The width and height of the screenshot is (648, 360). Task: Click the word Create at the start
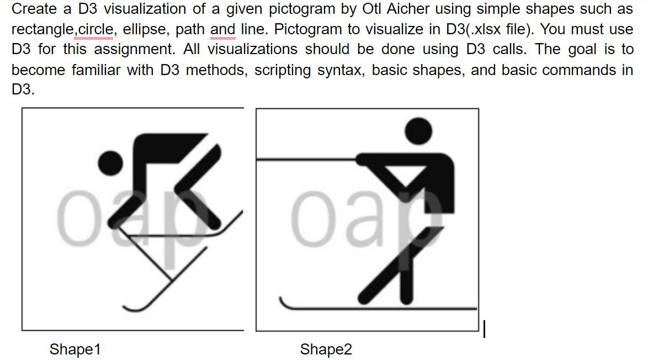point(35,9)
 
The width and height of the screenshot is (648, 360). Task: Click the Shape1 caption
point(75,350)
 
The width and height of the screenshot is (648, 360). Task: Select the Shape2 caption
point(326,350)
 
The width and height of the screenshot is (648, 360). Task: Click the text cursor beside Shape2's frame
point(484,329)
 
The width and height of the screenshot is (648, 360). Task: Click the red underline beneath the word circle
point(94,39)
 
